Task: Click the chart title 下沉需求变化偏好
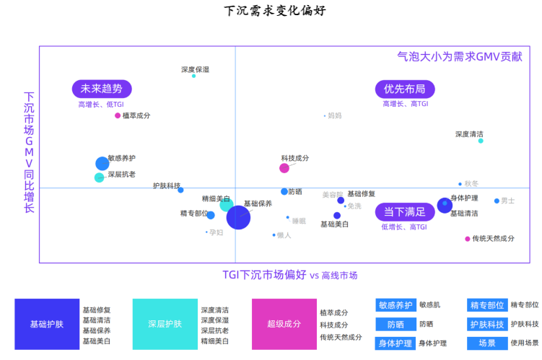(x=271, y=11)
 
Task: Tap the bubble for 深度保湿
(x=193, y=76)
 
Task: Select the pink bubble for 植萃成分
(x=118, y=115)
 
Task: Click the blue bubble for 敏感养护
(x=102, y=164)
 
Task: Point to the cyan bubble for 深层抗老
(x=100, y=177)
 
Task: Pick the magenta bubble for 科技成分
(x=284, y=168)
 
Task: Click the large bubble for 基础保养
(x=239, y=216)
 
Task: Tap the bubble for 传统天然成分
(x=468, y=239)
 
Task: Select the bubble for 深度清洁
(x=481, y=141)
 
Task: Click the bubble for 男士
(x=497, y=201)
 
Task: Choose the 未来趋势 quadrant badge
(x=102, y=89)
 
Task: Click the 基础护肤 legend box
(x=46, y=325)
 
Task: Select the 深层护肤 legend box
(x=165, y=325)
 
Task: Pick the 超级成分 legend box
(x=283, y=325)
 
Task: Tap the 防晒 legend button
(x=395, y=324)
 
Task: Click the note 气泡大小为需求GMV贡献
(x=460, y=56)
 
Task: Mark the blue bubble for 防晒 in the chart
(x=284, y=191)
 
